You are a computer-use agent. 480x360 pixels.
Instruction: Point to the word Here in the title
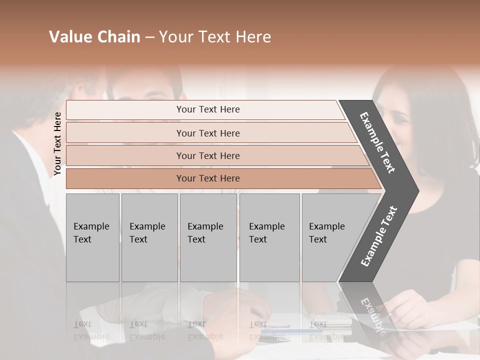pos(252,37)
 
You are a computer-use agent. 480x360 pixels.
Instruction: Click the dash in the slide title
pos(149,37)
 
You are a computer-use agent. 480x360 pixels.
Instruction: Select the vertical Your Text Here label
pos(57,143)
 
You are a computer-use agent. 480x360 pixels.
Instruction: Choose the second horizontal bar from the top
pos(207,133)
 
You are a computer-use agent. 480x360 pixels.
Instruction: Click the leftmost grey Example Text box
pos(92,237)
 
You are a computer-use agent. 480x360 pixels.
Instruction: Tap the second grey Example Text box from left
pos(149,237)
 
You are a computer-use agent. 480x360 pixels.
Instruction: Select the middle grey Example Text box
pos(208,237)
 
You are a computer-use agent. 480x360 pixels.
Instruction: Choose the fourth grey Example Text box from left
pos(269,237)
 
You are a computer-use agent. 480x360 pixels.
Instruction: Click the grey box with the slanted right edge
pos(330,237)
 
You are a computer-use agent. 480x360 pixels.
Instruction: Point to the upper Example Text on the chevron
pos(378,142)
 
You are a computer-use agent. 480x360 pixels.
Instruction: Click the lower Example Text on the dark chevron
pos(378,236)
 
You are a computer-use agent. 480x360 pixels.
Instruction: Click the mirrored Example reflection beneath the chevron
pos(371,315)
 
